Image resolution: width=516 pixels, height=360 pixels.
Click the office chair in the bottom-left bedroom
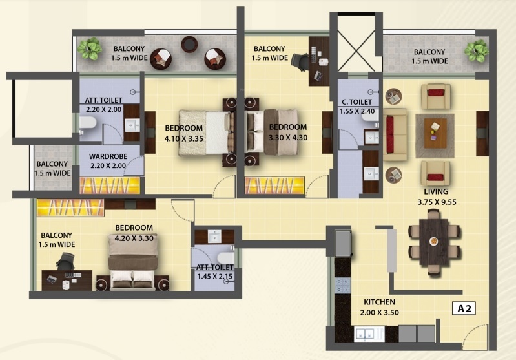tap(65, 262)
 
